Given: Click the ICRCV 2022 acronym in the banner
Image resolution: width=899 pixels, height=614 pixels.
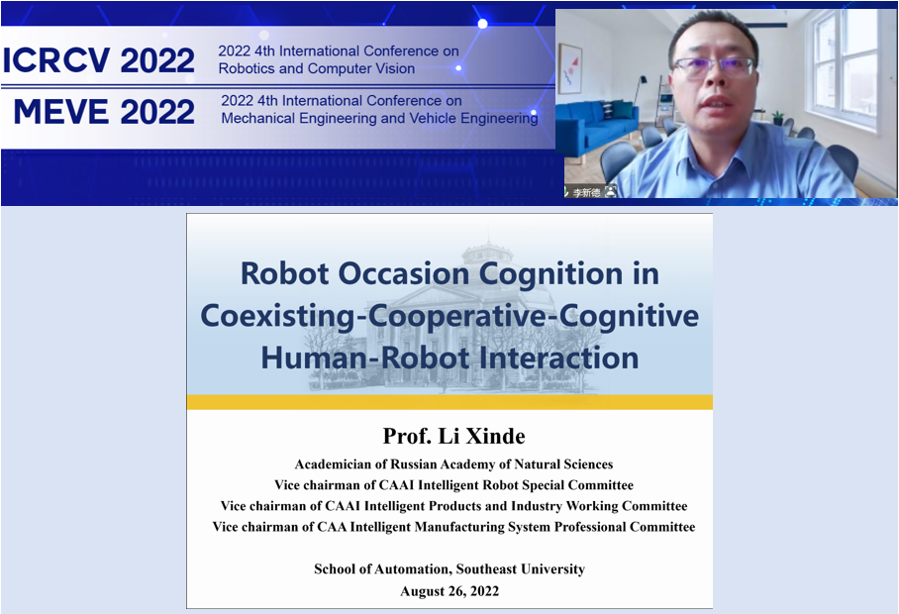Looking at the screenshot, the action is click(99, 60).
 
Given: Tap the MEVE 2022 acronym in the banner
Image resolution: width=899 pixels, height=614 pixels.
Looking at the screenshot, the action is click(104, 111).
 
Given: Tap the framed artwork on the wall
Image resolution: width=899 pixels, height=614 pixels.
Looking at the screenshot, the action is click(570, 68).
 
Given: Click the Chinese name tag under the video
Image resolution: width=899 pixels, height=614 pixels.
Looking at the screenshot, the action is click(586, 193).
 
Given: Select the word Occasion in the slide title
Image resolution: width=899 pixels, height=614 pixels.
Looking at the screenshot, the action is click(407, 273).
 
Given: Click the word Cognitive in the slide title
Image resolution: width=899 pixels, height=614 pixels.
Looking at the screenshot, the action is click(629, 317).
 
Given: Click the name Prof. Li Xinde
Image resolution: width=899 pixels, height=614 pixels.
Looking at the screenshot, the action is click(453, 437).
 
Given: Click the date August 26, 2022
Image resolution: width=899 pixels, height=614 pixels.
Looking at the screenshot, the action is click(449, 591).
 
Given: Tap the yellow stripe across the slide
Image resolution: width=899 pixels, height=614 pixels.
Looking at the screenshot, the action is click(449, 402).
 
